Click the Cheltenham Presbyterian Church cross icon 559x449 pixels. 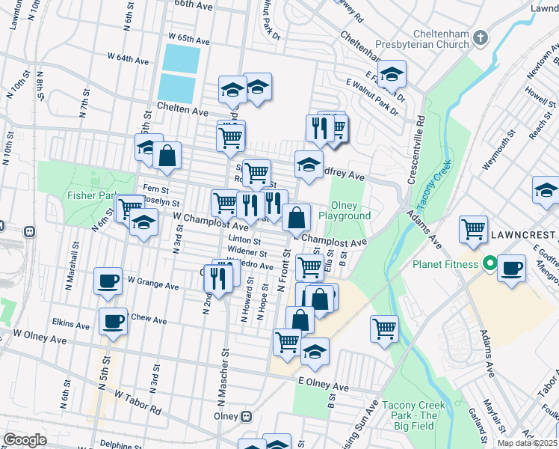pyautogui.click(x=481, y=37)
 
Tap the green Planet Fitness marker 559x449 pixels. pyautogui.click(x=490, y=263)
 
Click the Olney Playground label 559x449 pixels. pyautogui.click(x=345, y=210)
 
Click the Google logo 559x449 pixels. pyautogui.click(x=25, y=439)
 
